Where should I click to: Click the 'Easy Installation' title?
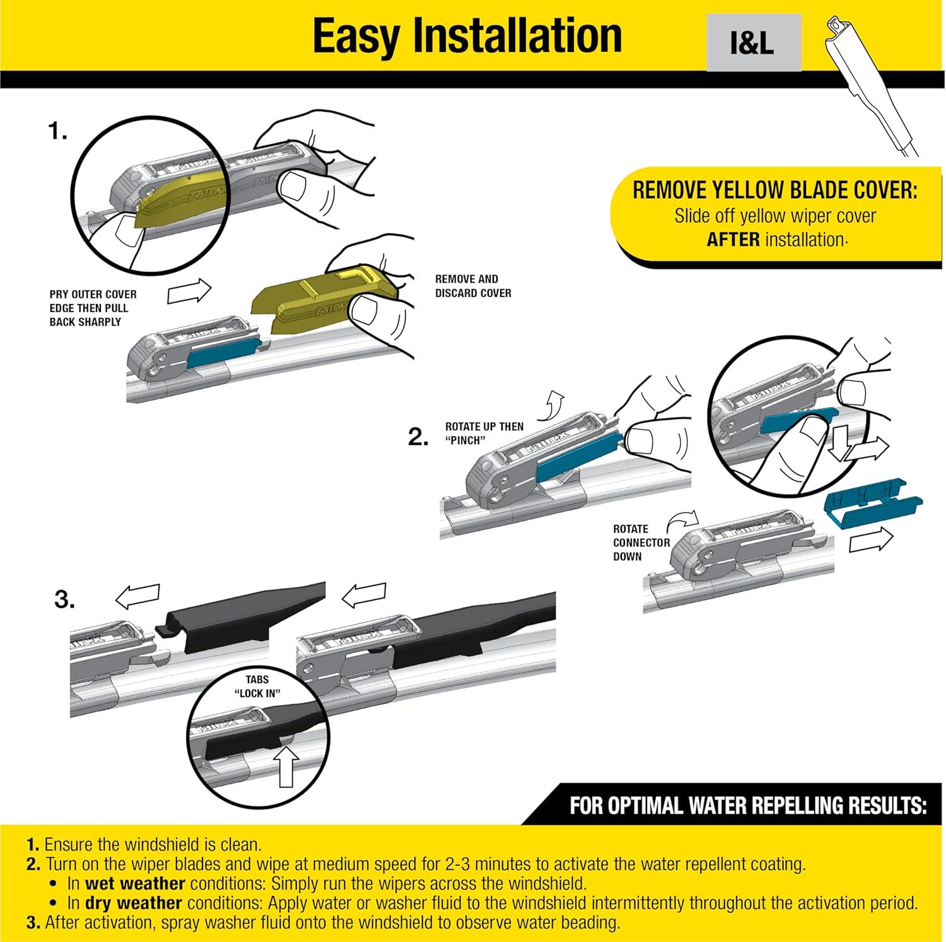[x=467, y=36]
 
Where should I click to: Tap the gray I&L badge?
[x=754, y=43]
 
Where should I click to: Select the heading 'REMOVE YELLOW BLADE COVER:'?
[x=774, y=190]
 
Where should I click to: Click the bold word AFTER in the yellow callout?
[x=733, y=240]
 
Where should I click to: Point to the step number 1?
[x=57, y=131]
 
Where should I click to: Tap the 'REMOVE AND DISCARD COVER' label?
[x=473, y=286]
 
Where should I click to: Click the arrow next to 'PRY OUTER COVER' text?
[x=189, y=291]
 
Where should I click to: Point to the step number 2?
[x=418, y=437]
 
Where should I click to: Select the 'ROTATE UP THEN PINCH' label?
[x=484, y=433]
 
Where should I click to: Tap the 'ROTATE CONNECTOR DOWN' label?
[x=641, y=543]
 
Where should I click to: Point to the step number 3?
[x=64, y=599]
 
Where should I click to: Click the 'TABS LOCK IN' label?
[x=257, y=686]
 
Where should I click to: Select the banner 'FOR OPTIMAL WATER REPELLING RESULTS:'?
[x=747, y=806]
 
